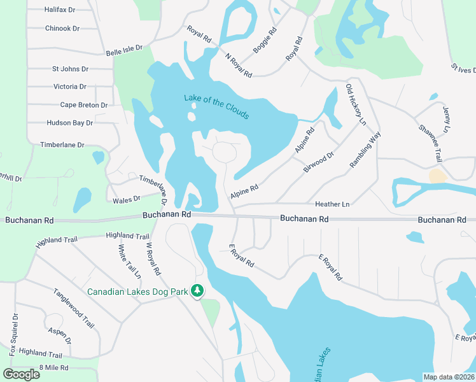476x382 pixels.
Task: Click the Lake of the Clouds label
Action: click(x=216, y=106)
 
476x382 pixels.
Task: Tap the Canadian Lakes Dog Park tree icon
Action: click(x=197, y=291)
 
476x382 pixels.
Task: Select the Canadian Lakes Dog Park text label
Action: click(x=137, y=292)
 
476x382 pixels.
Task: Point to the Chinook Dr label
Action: click(x=62, y=29)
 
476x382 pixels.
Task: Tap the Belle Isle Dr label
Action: click(x=125, y=50)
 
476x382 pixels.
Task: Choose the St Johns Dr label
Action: click(x=70, y=69)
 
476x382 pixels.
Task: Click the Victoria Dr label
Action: click(x=70, y=87)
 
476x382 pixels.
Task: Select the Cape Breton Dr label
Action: click(x=84, y=105)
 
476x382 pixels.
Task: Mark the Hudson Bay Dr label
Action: click(x=70, y=123)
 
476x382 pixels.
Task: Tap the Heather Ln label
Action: click(x=332, y=204)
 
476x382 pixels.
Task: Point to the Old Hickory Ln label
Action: click(x=356, y=104)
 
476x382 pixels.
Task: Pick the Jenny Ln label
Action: click(x=446, y=120)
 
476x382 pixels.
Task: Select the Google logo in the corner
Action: click(x=22, y=374)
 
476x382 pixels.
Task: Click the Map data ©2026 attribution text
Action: click(x=449, y=377)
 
